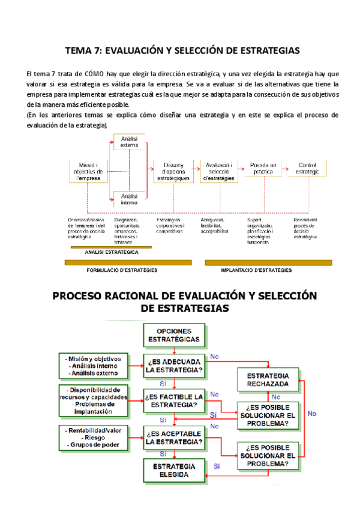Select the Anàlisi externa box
129,142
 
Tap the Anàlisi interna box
129,199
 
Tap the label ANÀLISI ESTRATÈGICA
112,253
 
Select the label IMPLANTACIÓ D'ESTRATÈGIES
256,270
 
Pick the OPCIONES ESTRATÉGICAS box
174,335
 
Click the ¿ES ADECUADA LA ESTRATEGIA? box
174,366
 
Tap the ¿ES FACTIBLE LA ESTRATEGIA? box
174,400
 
